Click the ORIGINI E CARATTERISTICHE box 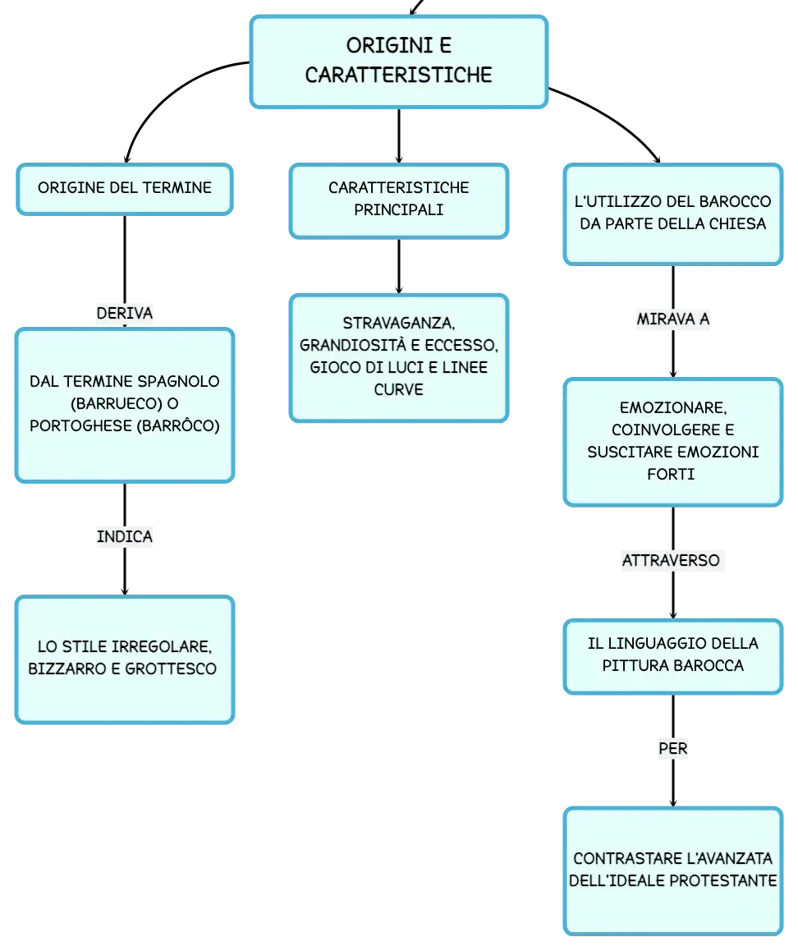click(x=399, y=62)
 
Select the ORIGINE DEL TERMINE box click(x=125, y=189)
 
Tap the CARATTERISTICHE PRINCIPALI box click(x=399, y=200)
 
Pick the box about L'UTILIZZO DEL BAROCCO click(x=673, y=214)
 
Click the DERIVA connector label click(x=125, y=313)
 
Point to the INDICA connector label click(x=125, y=537)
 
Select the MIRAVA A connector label click(x=673, y=319)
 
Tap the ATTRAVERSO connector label click(x=672, y=560)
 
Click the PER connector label click(x=673, y=749)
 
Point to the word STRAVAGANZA click(x=399, y=324)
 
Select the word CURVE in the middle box click(x=399, y=389)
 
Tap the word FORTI click(x=671, y=475)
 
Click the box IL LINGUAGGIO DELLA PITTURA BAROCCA click(x=673, y=656)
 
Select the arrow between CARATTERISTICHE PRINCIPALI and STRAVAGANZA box click(x=399, y=266)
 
